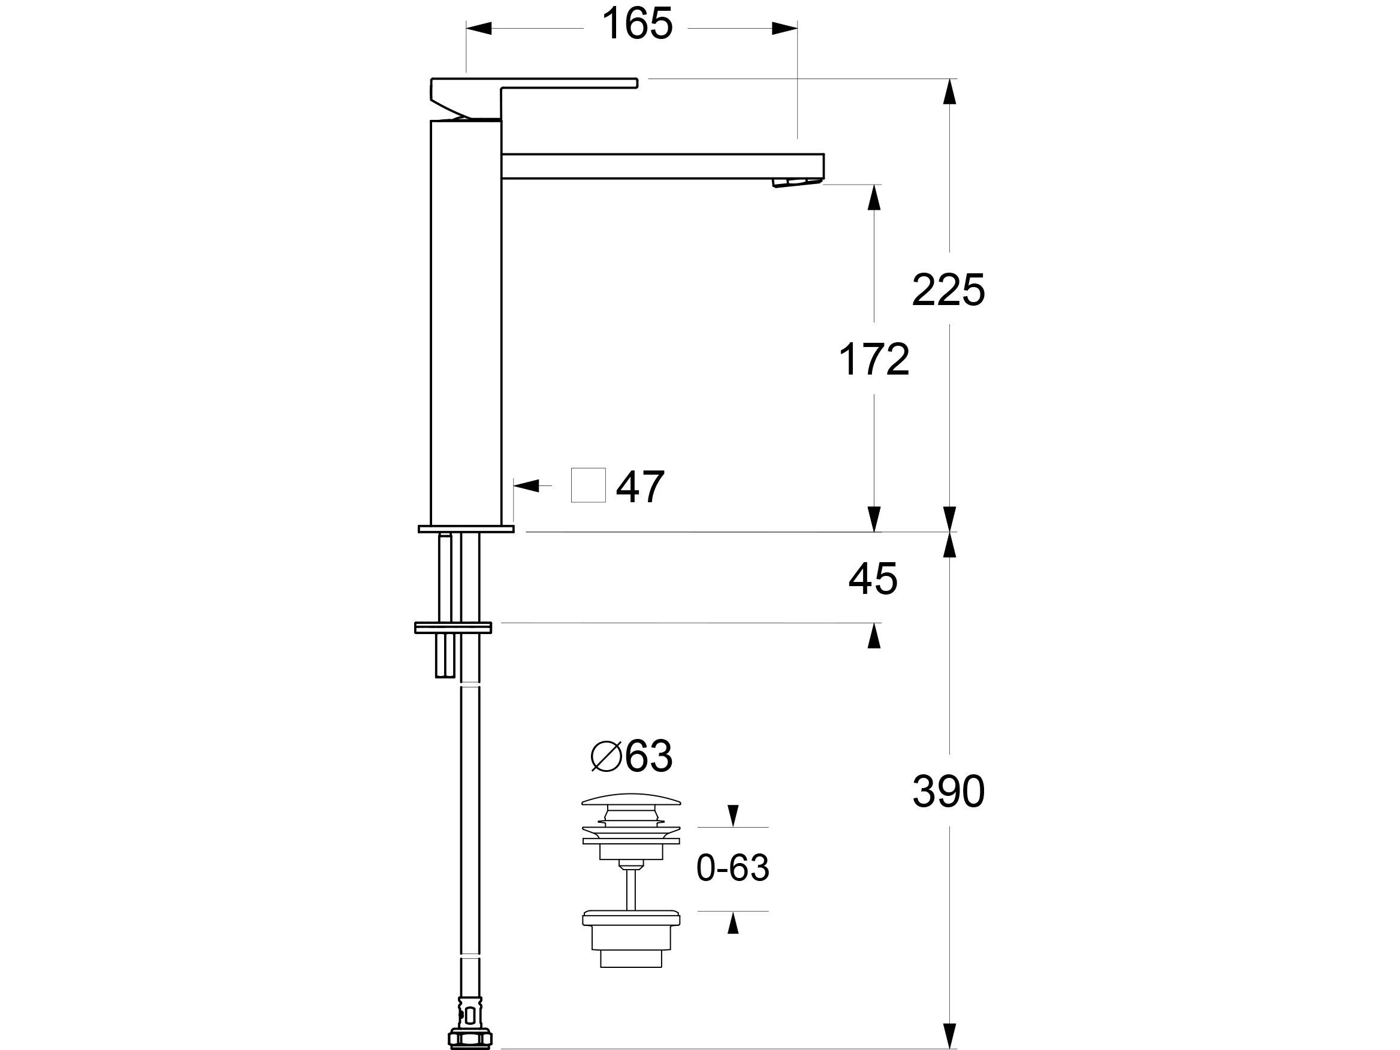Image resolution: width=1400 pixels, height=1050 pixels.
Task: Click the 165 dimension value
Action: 636,25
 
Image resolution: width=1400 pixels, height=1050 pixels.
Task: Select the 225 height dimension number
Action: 948,291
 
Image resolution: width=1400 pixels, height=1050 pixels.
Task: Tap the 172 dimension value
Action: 873,360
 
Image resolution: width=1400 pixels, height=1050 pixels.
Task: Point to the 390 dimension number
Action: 948,791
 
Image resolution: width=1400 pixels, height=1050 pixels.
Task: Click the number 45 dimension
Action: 873,578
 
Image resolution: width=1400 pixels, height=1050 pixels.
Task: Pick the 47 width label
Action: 640,487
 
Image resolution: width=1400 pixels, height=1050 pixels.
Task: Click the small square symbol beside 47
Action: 588,485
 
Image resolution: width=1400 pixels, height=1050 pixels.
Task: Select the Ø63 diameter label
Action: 631,756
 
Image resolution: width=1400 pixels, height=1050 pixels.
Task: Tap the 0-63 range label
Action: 732,868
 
